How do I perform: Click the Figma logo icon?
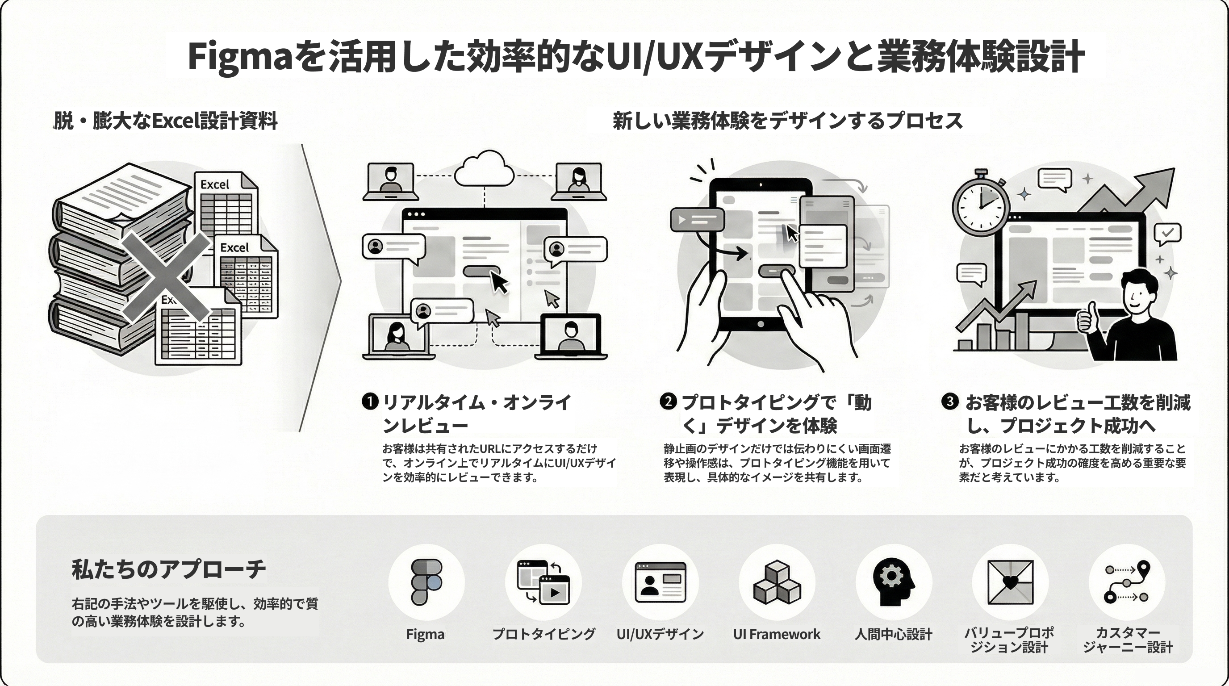tap(426, 582)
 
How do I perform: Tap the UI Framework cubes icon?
tap(777, 582)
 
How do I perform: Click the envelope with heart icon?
tap(1010, 582)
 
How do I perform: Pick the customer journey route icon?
tap(1126, 582)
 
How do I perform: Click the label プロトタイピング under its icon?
tap(543, 634)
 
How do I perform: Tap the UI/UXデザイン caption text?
tap(660, 634)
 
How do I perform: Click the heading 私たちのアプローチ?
tap(168, 569)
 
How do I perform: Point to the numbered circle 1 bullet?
tap(370, 402)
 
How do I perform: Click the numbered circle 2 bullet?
tap(669, 401)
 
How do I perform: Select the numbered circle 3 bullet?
tap(950, 401)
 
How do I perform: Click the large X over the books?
tap(166, 277)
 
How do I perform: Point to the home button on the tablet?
tap(761, 324)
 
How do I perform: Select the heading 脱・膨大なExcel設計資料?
tap(165, 121)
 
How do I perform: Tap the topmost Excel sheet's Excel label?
tap(215, 184)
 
